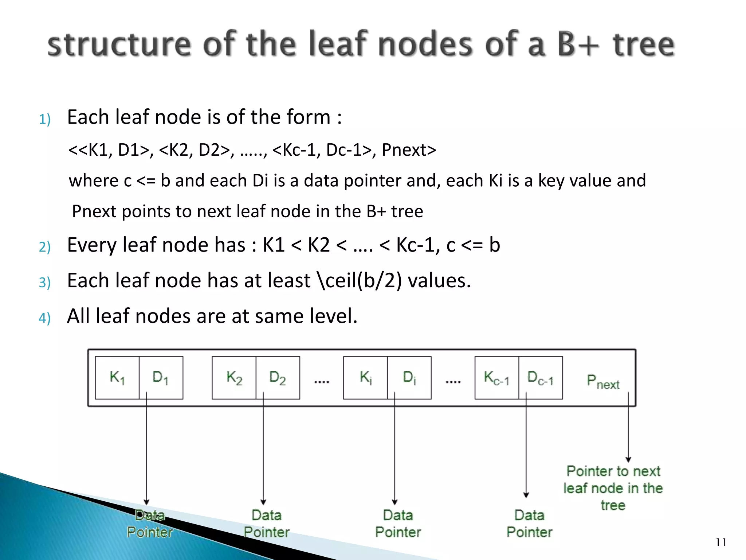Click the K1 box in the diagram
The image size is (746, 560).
(117, 378)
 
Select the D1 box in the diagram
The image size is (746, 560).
(161, 378)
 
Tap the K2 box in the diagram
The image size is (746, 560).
(234, 378)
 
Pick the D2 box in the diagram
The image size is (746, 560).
(278, 378)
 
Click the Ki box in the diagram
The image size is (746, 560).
(365, 378)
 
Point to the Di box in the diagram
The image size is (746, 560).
(409, 378)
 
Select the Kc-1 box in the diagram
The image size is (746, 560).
(496, 378)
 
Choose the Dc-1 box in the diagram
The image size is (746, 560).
(541, 378)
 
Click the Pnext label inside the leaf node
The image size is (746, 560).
(603, 382)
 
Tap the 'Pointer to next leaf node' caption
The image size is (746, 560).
(613, 488)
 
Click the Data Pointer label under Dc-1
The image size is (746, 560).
(529, 524)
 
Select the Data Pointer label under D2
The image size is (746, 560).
(267, 524)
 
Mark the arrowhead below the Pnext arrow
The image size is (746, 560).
(628, 459)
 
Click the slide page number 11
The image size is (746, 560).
(721, 542)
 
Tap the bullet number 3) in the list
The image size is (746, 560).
(44, 283)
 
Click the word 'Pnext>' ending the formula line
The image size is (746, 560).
(409, 150)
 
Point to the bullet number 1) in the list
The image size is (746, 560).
(44, 119)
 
